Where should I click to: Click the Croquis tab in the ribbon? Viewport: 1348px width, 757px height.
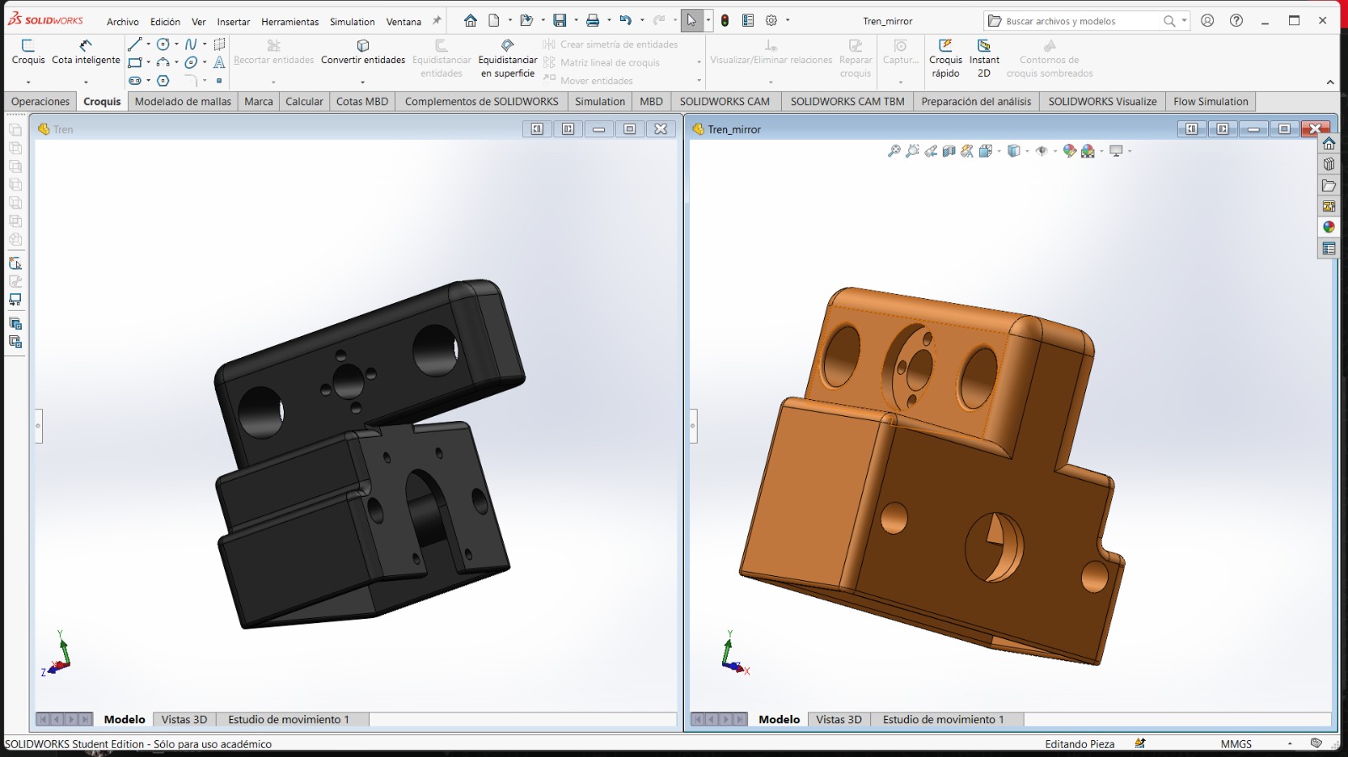click(102, 101)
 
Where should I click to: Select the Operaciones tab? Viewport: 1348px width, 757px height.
click(40, 101)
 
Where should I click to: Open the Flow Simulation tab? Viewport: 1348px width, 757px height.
click(1210, 101)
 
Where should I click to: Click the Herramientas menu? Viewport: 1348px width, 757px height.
click(290, 21)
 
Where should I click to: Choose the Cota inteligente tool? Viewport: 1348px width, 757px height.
click(85, 51)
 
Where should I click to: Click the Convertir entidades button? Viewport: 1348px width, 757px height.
click(362, 51)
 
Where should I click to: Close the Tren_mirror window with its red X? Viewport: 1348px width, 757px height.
click(1314, 129)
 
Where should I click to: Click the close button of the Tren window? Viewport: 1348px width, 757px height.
click(661, 129)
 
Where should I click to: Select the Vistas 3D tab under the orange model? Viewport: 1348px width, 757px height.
click(838, 719)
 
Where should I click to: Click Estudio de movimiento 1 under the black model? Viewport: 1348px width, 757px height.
click(288, 719)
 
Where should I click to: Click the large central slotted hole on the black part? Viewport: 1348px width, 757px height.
click(427, 509)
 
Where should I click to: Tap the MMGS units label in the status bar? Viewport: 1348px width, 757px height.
click(1236, 744)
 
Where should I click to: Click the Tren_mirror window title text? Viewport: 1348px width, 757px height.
click(734, 129)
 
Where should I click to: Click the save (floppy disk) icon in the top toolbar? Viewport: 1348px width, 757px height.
click(559, 20)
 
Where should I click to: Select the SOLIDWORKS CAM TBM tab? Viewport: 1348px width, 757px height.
click(847, 101)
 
